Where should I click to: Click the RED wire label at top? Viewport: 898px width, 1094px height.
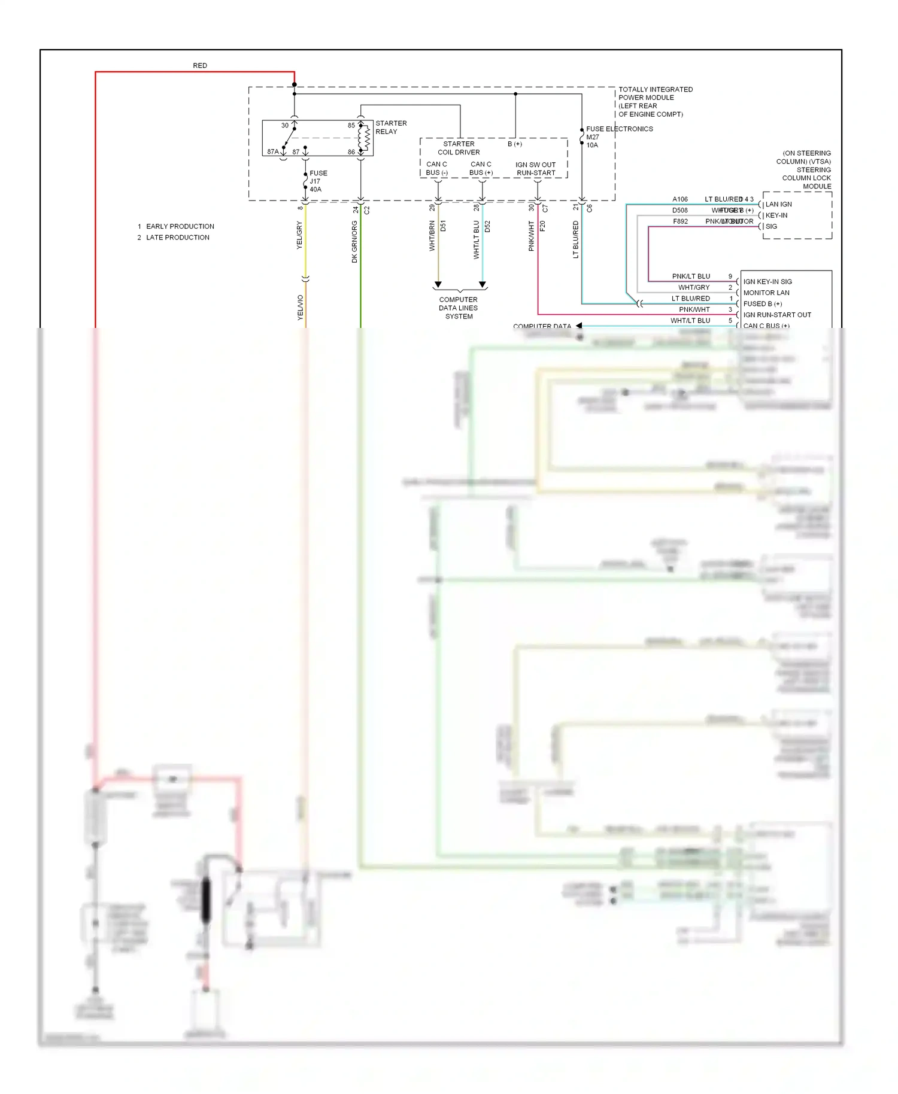click(x=200, y=65)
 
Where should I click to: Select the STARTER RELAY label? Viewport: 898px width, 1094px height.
click(x=391, y=127)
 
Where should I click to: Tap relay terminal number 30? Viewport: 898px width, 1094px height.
click(x=285, y=126)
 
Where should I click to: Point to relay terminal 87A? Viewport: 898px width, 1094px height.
click(x=273, y=152)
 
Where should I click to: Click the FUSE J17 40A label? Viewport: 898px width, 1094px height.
click(x=318, y=181)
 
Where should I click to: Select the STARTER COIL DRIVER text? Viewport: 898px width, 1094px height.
click(x=459, y=148)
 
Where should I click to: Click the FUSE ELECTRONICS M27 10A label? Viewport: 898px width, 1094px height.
click(x=618, y=136)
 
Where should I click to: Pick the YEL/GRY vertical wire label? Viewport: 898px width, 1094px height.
click(x=299, y=235)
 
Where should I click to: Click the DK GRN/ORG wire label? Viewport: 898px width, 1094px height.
click(x=354, y=242)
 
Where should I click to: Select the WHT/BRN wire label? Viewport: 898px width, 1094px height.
click(x=432, y=236)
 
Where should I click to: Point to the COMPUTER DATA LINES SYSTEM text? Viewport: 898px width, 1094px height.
click(x=459, y=308)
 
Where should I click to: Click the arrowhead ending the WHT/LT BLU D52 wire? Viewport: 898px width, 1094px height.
click(x=483, y=285)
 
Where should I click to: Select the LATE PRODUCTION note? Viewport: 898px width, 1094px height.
click(x=177, y=238)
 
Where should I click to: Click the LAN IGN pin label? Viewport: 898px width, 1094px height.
click(x=778, y=204)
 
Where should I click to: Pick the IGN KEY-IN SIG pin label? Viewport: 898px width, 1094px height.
click(x=767, y=281)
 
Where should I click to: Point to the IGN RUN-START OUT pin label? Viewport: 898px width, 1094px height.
click(x=777, y=315)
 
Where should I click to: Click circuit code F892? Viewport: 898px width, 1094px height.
click(x=680, y=221)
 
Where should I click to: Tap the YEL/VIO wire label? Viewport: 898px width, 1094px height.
click(x=301, y=307)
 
